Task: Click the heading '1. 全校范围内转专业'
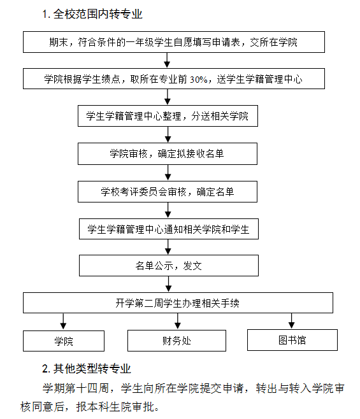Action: coord(92,14)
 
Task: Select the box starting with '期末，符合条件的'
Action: coord(174,42)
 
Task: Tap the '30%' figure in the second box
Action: coord(198,80)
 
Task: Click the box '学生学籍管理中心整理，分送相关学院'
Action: coord(168,116)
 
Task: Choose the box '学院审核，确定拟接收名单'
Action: coord(168,153)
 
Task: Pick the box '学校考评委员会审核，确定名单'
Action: coord(168,192)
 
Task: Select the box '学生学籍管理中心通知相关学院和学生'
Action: coord(169,229)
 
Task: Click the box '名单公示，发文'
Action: coord(169,266)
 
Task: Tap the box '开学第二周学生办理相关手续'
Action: coord(178,302)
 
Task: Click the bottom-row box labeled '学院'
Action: coord(64,341)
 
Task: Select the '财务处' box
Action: coord(176,341)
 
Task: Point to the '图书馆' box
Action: coord(292,340)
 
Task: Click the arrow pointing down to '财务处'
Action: coord(178,321)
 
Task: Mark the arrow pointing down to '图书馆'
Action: coord(292,321)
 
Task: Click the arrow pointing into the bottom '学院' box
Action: coord(63,322)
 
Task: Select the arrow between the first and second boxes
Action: coord(167,60)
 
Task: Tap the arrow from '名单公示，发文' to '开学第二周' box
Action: coord(168,284)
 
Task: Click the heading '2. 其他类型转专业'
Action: coord(87,369)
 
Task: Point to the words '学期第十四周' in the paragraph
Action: coord(75,388)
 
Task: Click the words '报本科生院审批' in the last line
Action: coord(115,407)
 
